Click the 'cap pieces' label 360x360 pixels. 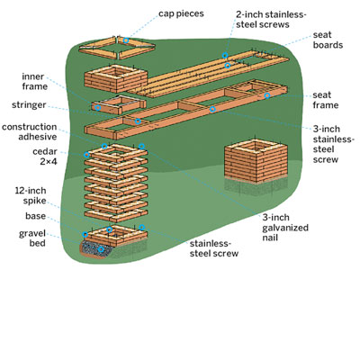tap(181, 13)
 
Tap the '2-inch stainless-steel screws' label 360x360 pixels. tap(270, 19)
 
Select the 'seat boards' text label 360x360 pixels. tap(328, 40)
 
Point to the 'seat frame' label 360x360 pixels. tap(325, 100)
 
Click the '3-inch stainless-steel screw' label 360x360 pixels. tap(334, 144)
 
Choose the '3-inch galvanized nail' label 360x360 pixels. tap(285, 228)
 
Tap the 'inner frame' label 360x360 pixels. tap(34, 81)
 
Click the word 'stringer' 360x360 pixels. tap(29, 105)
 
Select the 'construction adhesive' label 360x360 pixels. tap(29, 131)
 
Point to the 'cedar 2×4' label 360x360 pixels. tap(45, 157)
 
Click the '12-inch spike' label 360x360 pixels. tap(31, 195)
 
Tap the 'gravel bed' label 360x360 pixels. tap(32, 238)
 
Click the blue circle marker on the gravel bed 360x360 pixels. tap(102, 249)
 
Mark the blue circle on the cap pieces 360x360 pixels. tap(126, 40)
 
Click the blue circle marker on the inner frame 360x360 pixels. tap(98, 107)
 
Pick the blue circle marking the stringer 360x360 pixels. tap(138, 121)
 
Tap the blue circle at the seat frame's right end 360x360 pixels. tap(267, 95)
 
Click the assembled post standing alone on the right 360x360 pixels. tap(256, 161)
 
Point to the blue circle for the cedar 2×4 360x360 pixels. tap(86, 155)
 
